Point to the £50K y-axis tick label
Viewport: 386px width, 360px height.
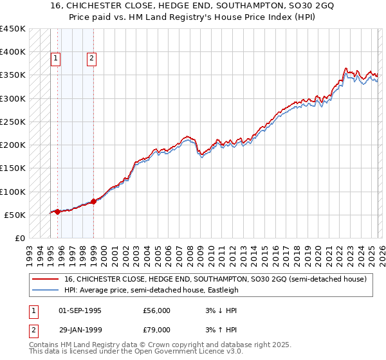(15, 215)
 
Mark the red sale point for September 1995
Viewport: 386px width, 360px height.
(58, 212)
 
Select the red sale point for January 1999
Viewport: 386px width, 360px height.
(94, 201)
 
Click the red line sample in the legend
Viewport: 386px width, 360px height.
(45, 279)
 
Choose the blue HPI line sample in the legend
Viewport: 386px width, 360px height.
(45, 290)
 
